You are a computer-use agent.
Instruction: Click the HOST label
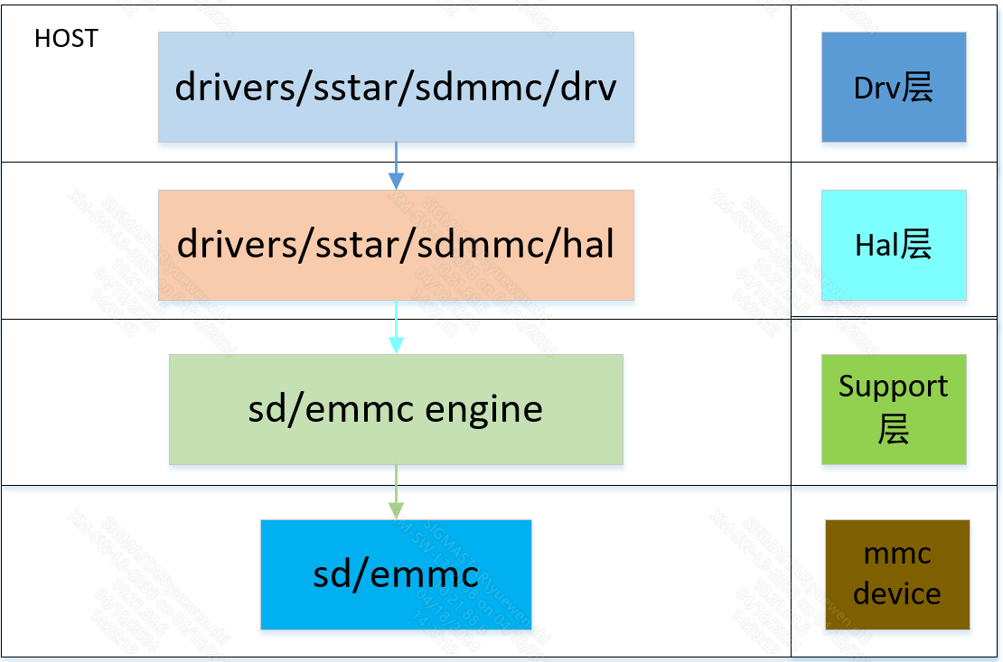click(66, 39)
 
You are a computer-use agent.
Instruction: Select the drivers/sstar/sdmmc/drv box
click(396, 87)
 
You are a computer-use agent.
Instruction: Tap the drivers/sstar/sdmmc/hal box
click(396, 244)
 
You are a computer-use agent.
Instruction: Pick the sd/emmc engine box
click(396, 409)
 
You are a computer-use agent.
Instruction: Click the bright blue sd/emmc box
click(396, 574)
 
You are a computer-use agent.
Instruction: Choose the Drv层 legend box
click(893, 87)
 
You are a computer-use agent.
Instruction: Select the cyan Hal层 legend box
click(893, 244)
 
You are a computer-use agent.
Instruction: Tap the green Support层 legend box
click(893, 409)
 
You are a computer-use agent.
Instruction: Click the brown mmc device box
click(896, 574)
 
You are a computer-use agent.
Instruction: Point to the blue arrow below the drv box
click(396, 166)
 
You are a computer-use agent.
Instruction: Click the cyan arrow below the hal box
click(396, 327)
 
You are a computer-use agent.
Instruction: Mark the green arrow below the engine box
click(396, 492)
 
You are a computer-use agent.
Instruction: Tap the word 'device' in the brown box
click(896, 593)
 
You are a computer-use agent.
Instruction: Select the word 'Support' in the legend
click(893, 387)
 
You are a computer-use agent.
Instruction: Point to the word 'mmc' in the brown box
click(896, 554)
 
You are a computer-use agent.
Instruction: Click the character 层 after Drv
click(917, 88)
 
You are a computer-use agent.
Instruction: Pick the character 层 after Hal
click(915, 245)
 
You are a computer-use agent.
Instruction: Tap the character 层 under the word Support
click(893, 430)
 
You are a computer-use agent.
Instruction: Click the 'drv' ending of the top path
click(588, 88)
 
